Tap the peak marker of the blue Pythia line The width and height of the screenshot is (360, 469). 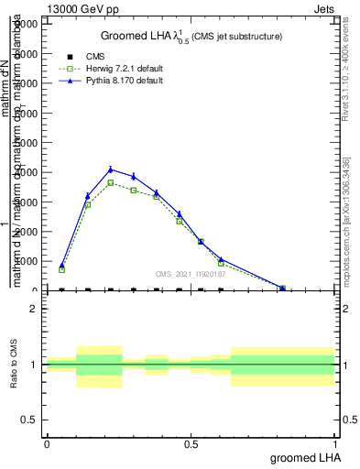[111, 169]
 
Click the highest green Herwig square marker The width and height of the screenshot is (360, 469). [111, 183]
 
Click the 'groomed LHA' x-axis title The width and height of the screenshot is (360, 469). [303, 457]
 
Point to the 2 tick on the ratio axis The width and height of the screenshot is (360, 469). [36, 309]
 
